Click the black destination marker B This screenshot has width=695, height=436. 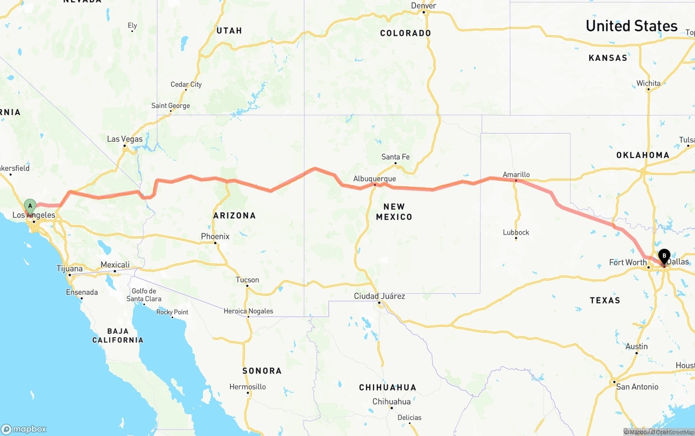(664, 256)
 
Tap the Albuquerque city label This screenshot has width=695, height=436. (375, 179)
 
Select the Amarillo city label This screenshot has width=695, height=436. (516, 174)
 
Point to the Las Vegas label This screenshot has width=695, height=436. (125, 139)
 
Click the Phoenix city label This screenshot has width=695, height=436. (215, 236)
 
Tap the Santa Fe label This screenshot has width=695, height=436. (395, 157)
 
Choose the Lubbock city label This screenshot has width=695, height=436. (516, 232)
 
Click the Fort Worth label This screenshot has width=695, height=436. (628, 262)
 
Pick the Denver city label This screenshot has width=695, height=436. (424, 5)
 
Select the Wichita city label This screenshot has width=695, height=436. (648, 83)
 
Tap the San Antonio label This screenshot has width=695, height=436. (637, 387)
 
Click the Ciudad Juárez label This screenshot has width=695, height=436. (380, 296)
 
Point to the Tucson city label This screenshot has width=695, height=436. (247, 280)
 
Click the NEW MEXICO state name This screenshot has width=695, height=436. (394, 211)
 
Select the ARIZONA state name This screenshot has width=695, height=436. (235, 216)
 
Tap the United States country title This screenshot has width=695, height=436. (631, 26)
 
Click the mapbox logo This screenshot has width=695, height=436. (24, 429)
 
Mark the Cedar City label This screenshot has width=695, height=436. (186, 84)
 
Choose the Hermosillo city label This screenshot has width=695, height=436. (248, 387)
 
